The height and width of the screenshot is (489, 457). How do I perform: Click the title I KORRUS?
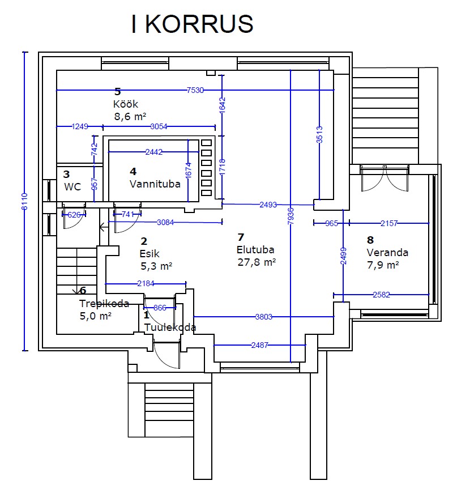[x=193, y=24]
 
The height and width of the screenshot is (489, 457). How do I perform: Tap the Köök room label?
[x=126, y=104]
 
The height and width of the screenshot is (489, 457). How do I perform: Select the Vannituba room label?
[x=155, y=184]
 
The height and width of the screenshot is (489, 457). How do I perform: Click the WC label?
[x=72, y=186]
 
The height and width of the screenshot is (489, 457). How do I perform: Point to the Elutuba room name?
[x=255, y=249]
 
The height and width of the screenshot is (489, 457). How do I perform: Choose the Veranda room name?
[x=387, y=252]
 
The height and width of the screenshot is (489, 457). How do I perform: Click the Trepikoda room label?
[x=104, y=304]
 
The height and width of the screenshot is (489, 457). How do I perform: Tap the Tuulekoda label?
[x=170, y=327]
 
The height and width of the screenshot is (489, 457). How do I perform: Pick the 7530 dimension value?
[x=195, y=90]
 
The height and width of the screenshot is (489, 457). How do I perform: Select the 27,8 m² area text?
[x=257, y=262]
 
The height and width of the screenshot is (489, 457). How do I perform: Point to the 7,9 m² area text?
[x=383, y=265]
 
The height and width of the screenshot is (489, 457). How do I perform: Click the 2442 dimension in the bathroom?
[x=154, y=152]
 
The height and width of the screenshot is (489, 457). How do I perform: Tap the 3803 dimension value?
[x=264, y=317]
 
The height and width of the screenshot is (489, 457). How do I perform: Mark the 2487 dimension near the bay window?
[x=260, y=345]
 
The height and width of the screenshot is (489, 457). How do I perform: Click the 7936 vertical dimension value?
[x=291, y=216]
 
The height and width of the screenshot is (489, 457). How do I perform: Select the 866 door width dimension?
[x=160, y=308]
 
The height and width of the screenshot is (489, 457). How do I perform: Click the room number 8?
[x=370, y=240]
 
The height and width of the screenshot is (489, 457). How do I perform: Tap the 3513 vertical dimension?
[x=319, y=134]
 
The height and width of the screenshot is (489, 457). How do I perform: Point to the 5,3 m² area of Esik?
[x=156, y=266]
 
